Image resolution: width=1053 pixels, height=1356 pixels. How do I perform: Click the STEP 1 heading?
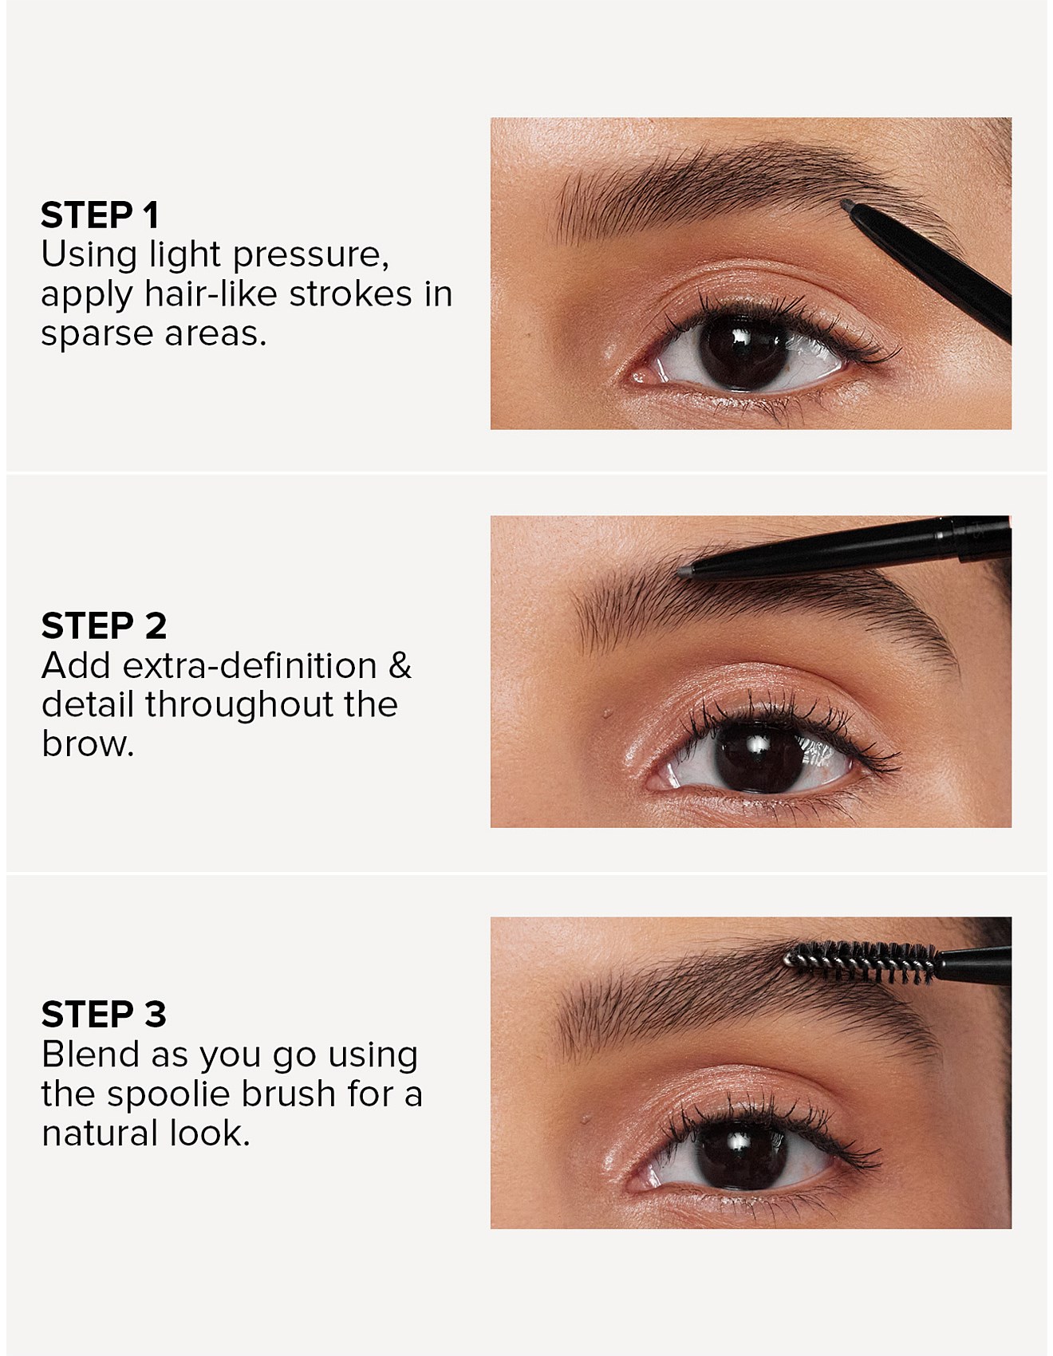(x=100, y=215)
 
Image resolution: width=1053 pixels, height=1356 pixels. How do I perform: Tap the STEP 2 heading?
(x=104, y=626)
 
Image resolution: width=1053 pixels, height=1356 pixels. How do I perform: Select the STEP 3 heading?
(x=104, y=1015)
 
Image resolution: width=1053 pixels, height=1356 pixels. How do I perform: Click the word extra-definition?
(x=250, y=665)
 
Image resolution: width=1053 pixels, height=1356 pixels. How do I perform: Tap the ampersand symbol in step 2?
(x=400, y=666)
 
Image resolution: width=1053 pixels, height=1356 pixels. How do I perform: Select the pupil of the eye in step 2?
(x=759, y=753)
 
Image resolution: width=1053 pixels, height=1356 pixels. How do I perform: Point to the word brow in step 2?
(x=88, y=744)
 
